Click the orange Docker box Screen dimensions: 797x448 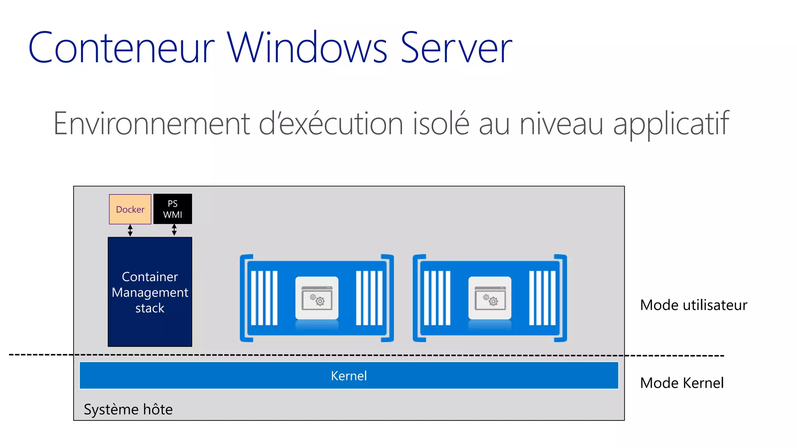click(x=130, y=209)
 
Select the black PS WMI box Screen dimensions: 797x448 click(x=173, y=209)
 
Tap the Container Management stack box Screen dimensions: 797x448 click(x=150, y=292)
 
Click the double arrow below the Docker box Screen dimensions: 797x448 click(x=130, y=230)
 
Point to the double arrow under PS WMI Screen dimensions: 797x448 click(x=174, y=230)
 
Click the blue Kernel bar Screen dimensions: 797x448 click(x=349, y=376)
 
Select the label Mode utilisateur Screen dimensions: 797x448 click(x=693, y=305)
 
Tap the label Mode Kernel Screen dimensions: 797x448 click(x=682, y=383)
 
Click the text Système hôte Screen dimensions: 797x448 click(x=128, y=409)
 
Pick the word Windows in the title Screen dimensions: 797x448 click(x=307, y=48)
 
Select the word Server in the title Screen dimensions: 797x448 click(x=456, y=48)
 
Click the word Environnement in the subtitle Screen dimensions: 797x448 click(x=151, y=124)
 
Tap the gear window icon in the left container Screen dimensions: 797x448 click(x=317, y=298)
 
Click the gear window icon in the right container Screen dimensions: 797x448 click(x=490, y=298)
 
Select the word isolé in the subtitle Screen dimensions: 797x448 click(x=441, y=124)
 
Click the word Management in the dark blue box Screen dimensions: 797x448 click(x=150, y=292)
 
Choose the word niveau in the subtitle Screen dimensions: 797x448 click(x=561, y=124)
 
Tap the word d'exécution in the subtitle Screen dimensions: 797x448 click(x=331, y=124)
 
